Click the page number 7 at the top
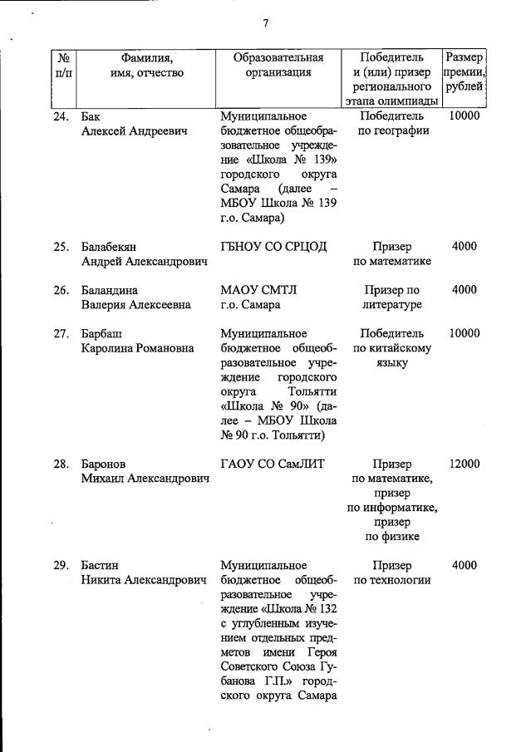[265, 23]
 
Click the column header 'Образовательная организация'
[278, 65]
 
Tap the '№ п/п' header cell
[62, 65]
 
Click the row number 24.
[61, 116]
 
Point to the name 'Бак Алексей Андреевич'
[134, 124]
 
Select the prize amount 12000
[464, 464]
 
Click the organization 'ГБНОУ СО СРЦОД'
[273, 247]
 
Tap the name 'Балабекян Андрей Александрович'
[144, 254]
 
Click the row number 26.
[61, 290]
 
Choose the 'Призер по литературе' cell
[392, 297]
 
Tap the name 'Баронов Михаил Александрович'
[144, 471]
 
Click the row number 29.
[61, 565]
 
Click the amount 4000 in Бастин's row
[464, 565]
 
